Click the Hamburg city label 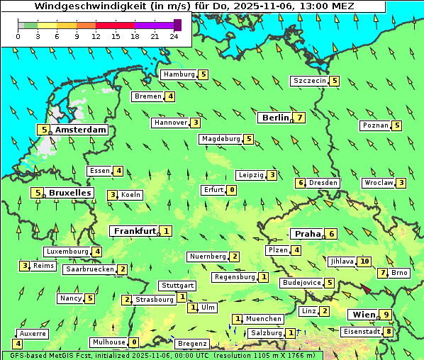pos(179,74)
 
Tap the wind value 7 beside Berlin pos(301,118)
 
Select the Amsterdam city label pos(81,130)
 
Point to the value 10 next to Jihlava pos(364,261)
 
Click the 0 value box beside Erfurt pos(232,190)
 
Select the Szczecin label pos(310,81)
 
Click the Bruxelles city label pos(69,193)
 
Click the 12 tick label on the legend pos(96,35)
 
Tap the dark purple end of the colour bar pos(177,25)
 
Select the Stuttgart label pos(177,286)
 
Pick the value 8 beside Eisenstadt pos(389,332)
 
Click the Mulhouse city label pos(108,342)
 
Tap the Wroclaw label pos(379,183)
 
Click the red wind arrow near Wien pos(366,288)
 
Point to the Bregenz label pos(192,344)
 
